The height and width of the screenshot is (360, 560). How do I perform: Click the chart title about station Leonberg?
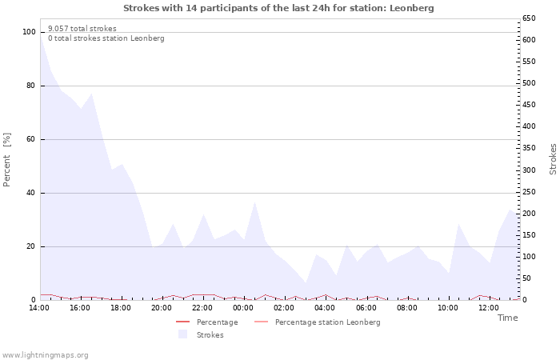(278, 8)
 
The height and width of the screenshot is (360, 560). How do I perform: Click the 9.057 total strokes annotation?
(82, 29)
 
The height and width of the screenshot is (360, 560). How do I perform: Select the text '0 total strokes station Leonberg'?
(106, 38)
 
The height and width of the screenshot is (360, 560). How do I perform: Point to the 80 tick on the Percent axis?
(30, 86)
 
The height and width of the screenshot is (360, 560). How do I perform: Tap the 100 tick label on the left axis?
(29, 32)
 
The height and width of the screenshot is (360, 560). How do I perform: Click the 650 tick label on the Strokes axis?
(530, 18)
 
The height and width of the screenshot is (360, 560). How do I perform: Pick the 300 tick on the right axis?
(530, 170)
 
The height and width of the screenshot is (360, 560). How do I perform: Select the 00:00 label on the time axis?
(243, 308)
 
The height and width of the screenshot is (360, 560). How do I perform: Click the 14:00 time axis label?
(39, 308)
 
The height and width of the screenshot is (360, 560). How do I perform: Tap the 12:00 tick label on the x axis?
(489, 308)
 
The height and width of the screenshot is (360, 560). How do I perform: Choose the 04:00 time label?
(325, 308)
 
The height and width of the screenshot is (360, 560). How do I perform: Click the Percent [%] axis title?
(6, 160)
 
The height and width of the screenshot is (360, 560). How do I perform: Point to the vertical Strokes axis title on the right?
(553, 159)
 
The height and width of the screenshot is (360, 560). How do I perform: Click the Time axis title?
(507, 318)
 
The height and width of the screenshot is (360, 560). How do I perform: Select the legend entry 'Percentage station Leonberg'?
(327, 322)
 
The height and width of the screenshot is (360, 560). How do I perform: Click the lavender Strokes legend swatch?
(183, 334)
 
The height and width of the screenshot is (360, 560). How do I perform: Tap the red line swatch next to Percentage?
(183, 322)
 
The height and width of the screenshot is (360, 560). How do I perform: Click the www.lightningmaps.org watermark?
(45, 355)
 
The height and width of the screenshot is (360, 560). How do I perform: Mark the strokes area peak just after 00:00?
(255, 202)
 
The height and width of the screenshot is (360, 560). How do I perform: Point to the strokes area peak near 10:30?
(458, 224)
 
